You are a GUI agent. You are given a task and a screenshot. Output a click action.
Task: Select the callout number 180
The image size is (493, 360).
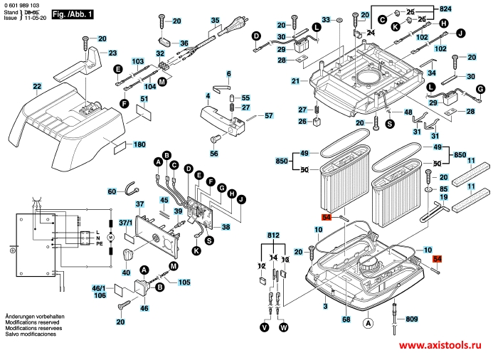tap(139, 145)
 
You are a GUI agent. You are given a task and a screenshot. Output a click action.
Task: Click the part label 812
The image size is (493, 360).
tap(274, 235)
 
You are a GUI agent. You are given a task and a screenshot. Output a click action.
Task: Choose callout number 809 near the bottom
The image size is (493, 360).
tap(412, 319)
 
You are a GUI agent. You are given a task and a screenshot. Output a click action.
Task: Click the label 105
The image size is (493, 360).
tap(184, 282)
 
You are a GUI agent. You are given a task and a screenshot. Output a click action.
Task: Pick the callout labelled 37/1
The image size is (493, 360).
tap(126, 223)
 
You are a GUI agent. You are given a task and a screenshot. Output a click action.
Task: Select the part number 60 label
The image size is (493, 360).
tap(112, 191)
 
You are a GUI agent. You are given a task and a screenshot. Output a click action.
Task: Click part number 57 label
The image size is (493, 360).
tap(268, 115)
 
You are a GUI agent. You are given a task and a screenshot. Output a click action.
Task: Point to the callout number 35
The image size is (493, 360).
tap(215, 21)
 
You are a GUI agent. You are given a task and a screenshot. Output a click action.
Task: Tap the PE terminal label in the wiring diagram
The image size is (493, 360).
tap(98, 243)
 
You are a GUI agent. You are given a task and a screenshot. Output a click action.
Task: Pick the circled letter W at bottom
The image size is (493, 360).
tap(284, 328)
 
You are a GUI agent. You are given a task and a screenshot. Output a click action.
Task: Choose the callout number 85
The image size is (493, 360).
tap(443, 189)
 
